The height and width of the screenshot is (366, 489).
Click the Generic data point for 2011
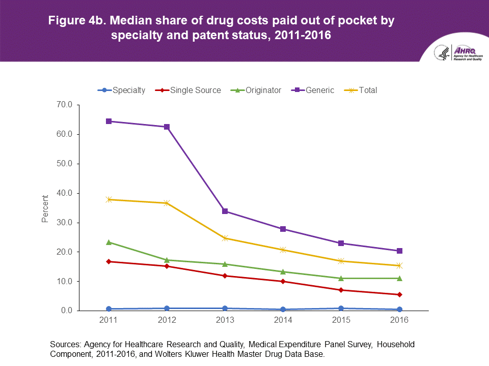[x=108, y=121]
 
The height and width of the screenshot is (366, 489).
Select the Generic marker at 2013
[x=225, y=211]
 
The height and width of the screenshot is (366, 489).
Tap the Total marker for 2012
[x=167, y=203]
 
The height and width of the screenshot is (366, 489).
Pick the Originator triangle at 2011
[x=108, y=242]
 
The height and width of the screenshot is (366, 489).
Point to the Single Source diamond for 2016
[x=399, y=294]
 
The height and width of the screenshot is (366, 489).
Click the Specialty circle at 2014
[x=283, y=309]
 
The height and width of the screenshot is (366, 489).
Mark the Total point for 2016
[x=399, y=265]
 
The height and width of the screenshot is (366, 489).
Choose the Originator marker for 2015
[x=341, y=278]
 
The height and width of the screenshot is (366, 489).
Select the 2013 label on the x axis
[x=225, y=321]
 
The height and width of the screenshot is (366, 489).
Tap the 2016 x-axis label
[x=399, y=321]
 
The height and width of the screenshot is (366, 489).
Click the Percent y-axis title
[x=45, y=208]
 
